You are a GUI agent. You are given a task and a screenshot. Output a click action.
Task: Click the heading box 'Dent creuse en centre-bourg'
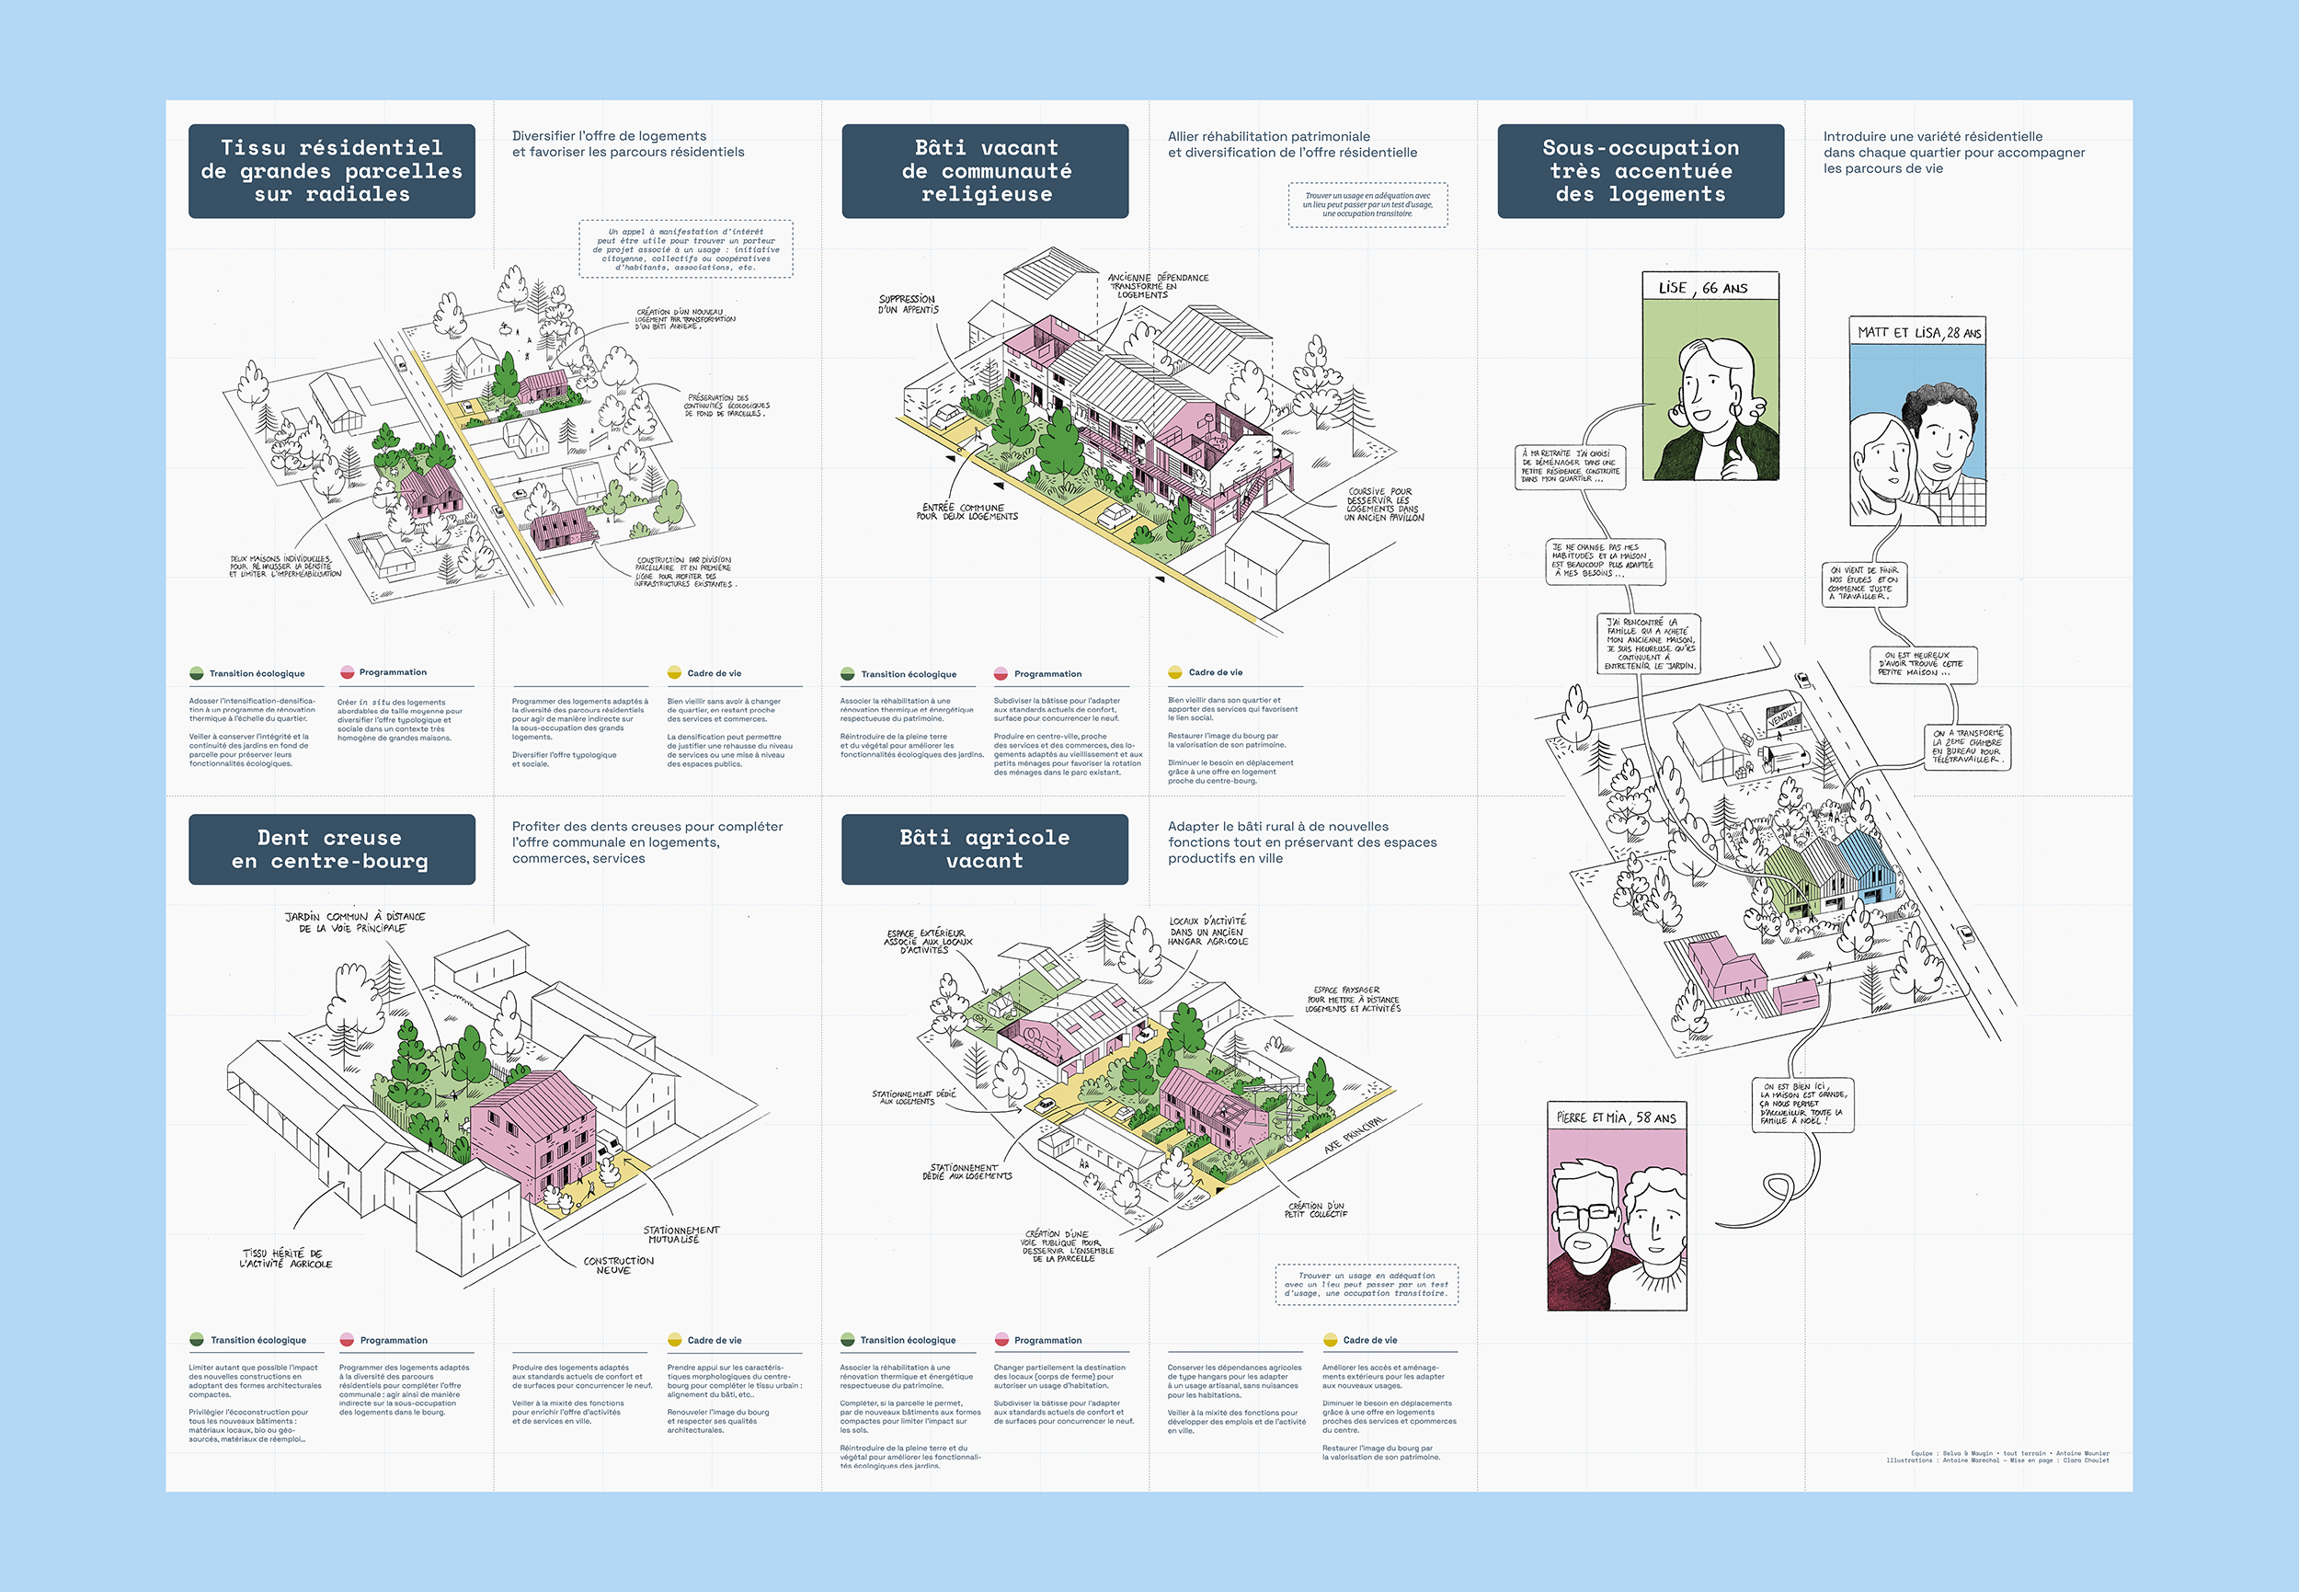click(x=331, y=849)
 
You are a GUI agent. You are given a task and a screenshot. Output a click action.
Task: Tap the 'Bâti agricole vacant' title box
click(x=984, y=849)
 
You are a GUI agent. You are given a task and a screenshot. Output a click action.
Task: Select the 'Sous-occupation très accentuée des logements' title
click(x=1640, y=170)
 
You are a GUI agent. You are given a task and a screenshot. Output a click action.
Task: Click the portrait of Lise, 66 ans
click(x=1710, y=389)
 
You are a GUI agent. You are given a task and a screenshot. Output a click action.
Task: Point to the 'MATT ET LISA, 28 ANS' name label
click(x=1918, y=332)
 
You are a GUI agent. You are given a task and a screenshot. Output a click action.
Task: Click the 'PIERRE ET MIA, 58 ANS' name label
click(x=1616, y=1117)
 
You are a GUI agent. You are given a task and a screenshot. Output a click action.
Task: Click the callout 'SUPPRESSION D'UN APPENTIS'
click(x=908, y=304)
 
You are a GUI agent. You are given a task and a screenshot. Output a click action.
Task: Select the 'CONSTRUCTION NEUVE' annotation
click(x=618, y=1265)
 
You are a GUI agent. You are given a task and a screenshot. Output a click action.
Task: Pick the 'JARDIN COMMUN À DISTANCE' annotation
click(x=355, y=922)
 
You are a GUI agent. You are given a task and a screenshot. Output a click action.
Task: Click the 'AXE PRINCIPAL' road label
click(x=1355, y=1135)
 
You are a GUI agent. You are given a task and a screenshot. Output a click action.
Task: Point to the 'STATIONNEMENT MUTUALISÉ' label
click(x=681, y=1234)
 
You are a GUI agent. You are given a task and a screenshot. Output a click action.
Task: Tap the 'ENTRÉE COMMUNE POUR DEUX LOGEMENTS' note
click(x=966, y=511)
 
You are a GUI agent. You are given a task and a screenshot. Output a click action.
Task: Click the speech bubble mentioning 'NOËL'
click(x=1802, y=1105)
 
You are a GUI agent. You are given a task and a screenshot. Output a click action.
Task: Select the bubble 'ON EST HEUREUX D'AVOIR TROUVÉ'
click(x=1922, y=664)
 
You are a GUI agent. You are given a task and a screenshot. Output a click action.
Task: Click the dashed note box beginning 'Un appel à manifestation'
click(x=686, y=248)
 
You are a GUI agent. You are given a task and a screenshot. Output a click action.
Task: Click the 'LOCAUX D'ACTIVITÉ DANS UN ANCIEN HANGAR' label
click(x=1207, y=931)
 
